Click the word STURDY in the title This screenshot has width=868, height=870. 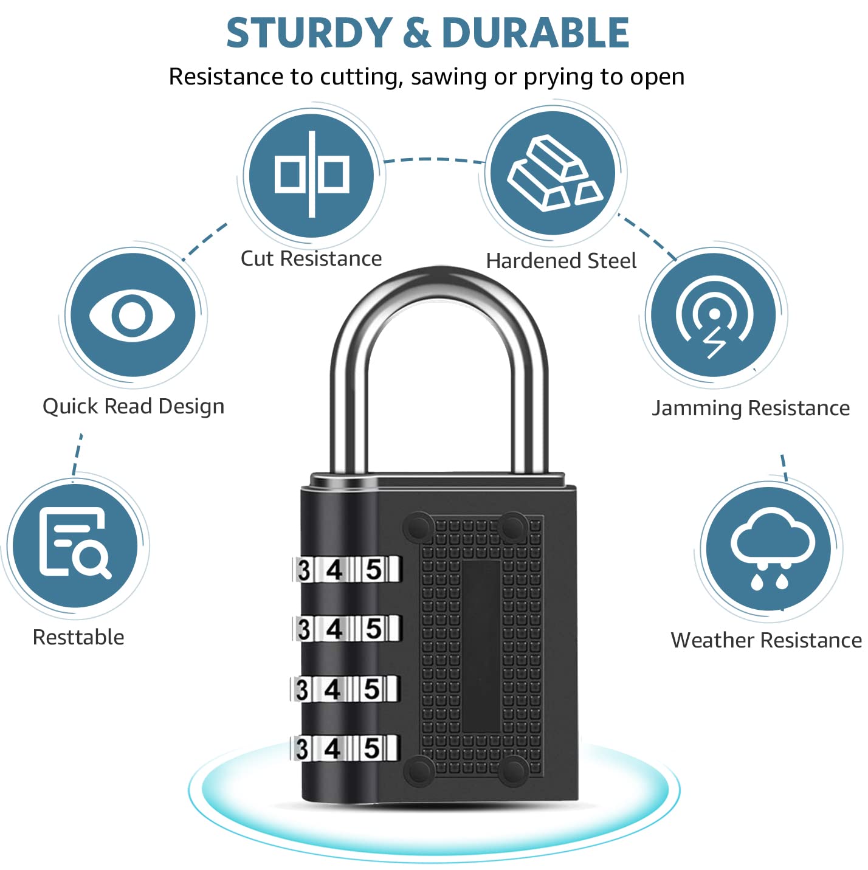coord(309,33)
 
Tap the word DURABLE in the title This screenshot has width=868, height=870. coord(536,33)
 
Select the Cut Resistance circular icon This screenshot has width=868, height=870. coord(311,174)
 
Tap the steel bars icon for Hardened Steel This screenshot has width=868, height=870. coord(553,174)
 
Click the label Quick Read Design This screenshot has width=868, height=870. coord(133,406)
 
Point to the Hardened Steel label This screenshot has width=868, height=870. coord(561,261)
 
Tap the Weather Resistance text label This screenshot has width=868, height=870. coord(766,640)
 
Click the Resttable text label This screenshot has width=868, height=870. coord(78,637)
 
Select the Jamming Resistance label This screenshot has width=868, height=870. coord(751,408)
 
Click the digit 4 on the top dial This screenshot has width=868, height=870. coord(334,570)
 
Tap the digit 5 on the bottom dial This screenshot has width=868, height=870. coord(372,748)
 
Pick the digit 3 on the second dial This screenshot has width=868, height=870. coord(303,629)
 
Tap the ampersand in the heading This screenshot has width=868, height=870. coord(416,33)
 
